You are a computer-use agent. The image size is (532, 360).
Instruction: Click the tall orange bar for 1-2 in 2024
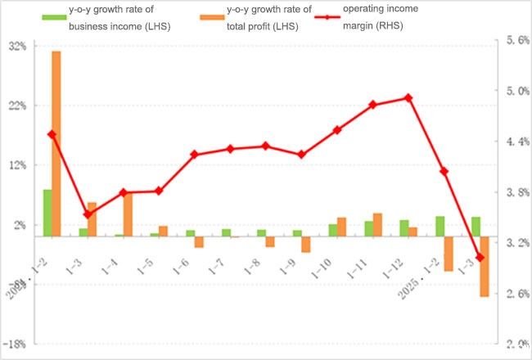(x=56, y=143)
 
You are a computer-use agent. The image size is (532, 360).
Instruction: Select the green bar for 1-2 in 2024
(x=47, y=213)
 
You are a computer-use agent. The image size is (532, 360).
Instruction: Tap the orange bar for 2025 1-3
(x=485, y=266)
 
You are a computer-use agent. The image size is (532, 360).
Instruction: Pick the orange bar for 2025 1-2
(x=449, y=254)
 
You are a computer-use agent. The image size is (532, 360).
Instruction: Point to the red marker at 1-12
(x=408, y=98)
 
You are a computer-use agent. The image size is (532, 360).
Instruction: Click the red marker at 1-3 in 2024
(x=88, y=214)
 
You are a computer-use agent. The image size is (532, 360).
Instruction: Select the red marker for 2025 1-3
(x=480, y=258)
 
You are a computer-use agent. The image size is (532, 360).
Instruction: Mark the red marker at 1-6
(x=194, y=154)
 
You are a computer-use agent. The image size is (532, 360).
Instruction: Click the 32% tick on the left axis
(x=17, y=47)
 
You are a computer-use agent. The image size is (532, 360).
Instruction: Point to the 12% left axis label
(x=17, y=165)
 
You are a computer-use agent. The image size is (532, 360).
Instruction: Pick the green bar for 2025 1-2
(x=440, y=226)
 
